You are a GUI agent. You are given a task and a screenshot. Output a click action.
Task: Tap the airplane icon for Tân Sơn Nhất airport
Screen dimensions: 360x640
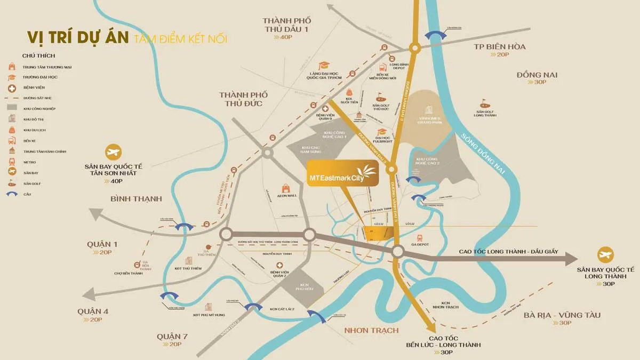pos(113,153)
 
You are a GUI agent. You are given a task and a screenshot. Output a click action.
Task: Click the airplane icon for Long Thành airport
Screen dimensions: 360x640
pos(605,254)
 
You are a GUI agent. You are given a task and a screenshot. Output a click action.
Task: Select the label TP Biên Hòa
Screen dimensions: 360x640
pos(500,47)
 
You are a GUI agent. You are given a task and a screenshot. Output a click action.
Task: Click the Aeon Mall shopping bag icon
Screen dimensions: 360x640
pos(286,188)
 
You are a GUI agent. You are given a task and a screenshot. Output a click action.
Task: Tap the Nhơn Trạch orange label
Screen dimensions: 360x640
pos(371,330)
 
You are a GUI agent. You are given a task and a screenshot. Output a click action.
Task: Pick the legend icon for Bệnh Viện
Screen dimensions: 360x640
pos(11,87)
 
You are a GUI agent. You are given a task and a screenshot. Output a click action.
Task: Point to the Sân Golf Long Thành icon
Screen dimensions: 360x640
pos(485,101)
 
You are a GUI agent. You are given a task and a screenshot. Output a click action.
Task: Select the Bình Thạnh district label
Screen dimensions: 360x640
pos(135,199)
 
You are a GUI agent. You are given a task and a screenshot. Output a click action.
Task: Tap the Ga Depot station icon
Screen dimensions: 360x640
pos(420,238)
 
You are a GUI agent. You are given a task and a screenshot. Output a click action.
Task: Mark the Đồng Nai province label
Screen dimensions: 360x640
pos(537,75)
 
